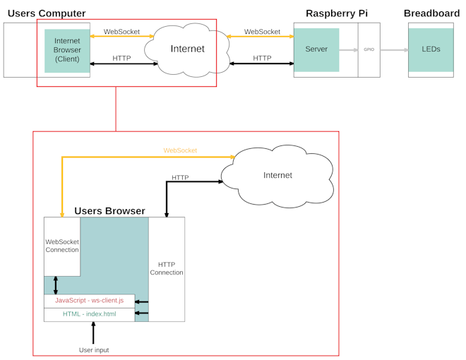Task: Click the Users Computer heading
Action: click(x=47, y=13)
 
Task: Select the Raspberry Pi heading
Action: click(x=336, y=13)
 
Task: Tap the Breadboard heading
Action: click(x=431, y=13)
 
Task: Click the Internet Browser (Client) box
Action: click(x=67, y=50)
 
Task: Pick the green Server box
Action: click(x=316, y=50)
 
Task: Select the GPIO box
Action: click(x=369, y=50)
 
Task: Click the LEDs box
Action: click(x=431, y=50)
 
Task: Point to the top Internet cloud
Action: click(x=187, y=49)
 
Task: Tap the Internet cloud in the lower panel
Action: click(x=277, y=174)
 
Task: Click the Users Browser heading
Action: click(x=109, y=211)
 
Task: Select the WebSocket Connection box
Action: click(x=62, y=246)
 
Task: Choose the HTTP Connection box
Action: click(x=167, y=268)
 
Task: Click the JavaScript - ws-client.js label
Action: click(x=89, y=301)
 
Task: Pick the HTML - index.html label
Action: click(x=89, y=314)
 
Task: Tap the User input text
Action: click(x=94, y=350)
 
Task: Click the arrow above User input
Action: click(x=94, y=332)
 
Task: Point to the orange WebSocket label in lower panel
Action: click(x=180, y=150)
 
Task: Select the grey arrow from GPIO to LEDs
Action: click(x=395, y=50)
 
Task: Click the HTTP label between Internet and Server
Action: click(x=262, y=58)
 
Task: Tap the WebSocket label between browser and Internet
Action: click(x=121, y=32)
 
